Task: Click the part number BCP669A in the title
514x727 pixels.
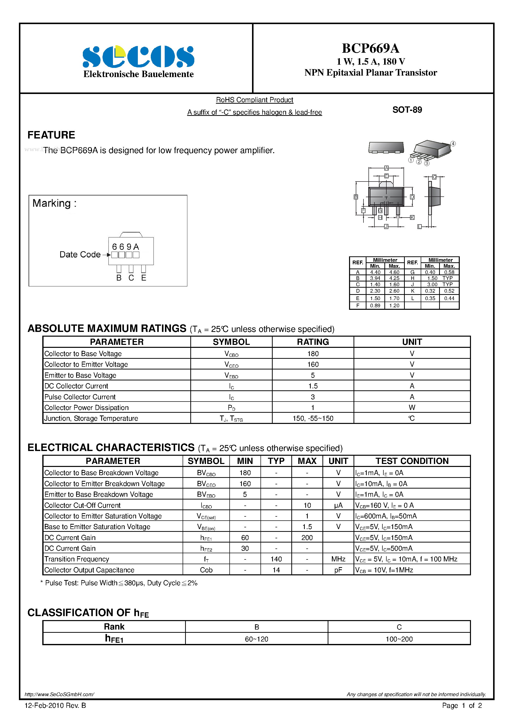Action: click(370, 48)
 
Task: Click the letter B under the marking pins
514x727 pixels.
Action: click(119, 278)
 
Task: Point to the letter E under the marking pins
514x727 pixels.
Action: click(144, 278)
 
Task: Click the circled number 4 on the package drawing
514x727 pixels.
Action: click(453, 144)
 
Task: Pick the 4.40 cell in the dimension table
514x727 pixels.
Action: click(375, 272)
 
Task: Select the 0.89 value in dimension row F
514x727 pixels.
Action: click(375, 306)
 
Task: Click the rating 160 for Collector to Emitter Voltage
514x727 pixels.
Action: click(313, 364)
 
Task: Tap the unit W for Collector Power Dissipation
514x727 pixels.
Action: click(412, 408)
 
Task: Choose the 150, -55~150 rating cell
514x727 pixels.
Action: click(313, 418)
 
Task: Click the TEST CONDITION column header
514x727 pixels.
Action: click(412, 461)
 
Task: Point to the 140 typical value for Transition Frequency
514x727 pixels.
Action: click(276, 559)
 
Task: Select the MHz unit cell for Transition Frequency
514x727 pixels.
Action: click(338, 559)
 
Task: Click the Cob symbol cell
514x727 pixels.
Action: click(206, 570)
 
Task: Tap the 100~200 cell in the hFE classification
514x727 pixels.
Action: click(399, 639)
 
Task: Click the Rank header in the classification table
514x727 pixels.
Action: click(114, 627)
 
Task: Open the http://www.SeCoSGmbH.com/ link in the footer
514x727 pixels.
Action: click(59, 694)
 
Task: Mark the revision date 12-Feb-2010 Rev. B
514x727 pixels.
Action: click(55, 705)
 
